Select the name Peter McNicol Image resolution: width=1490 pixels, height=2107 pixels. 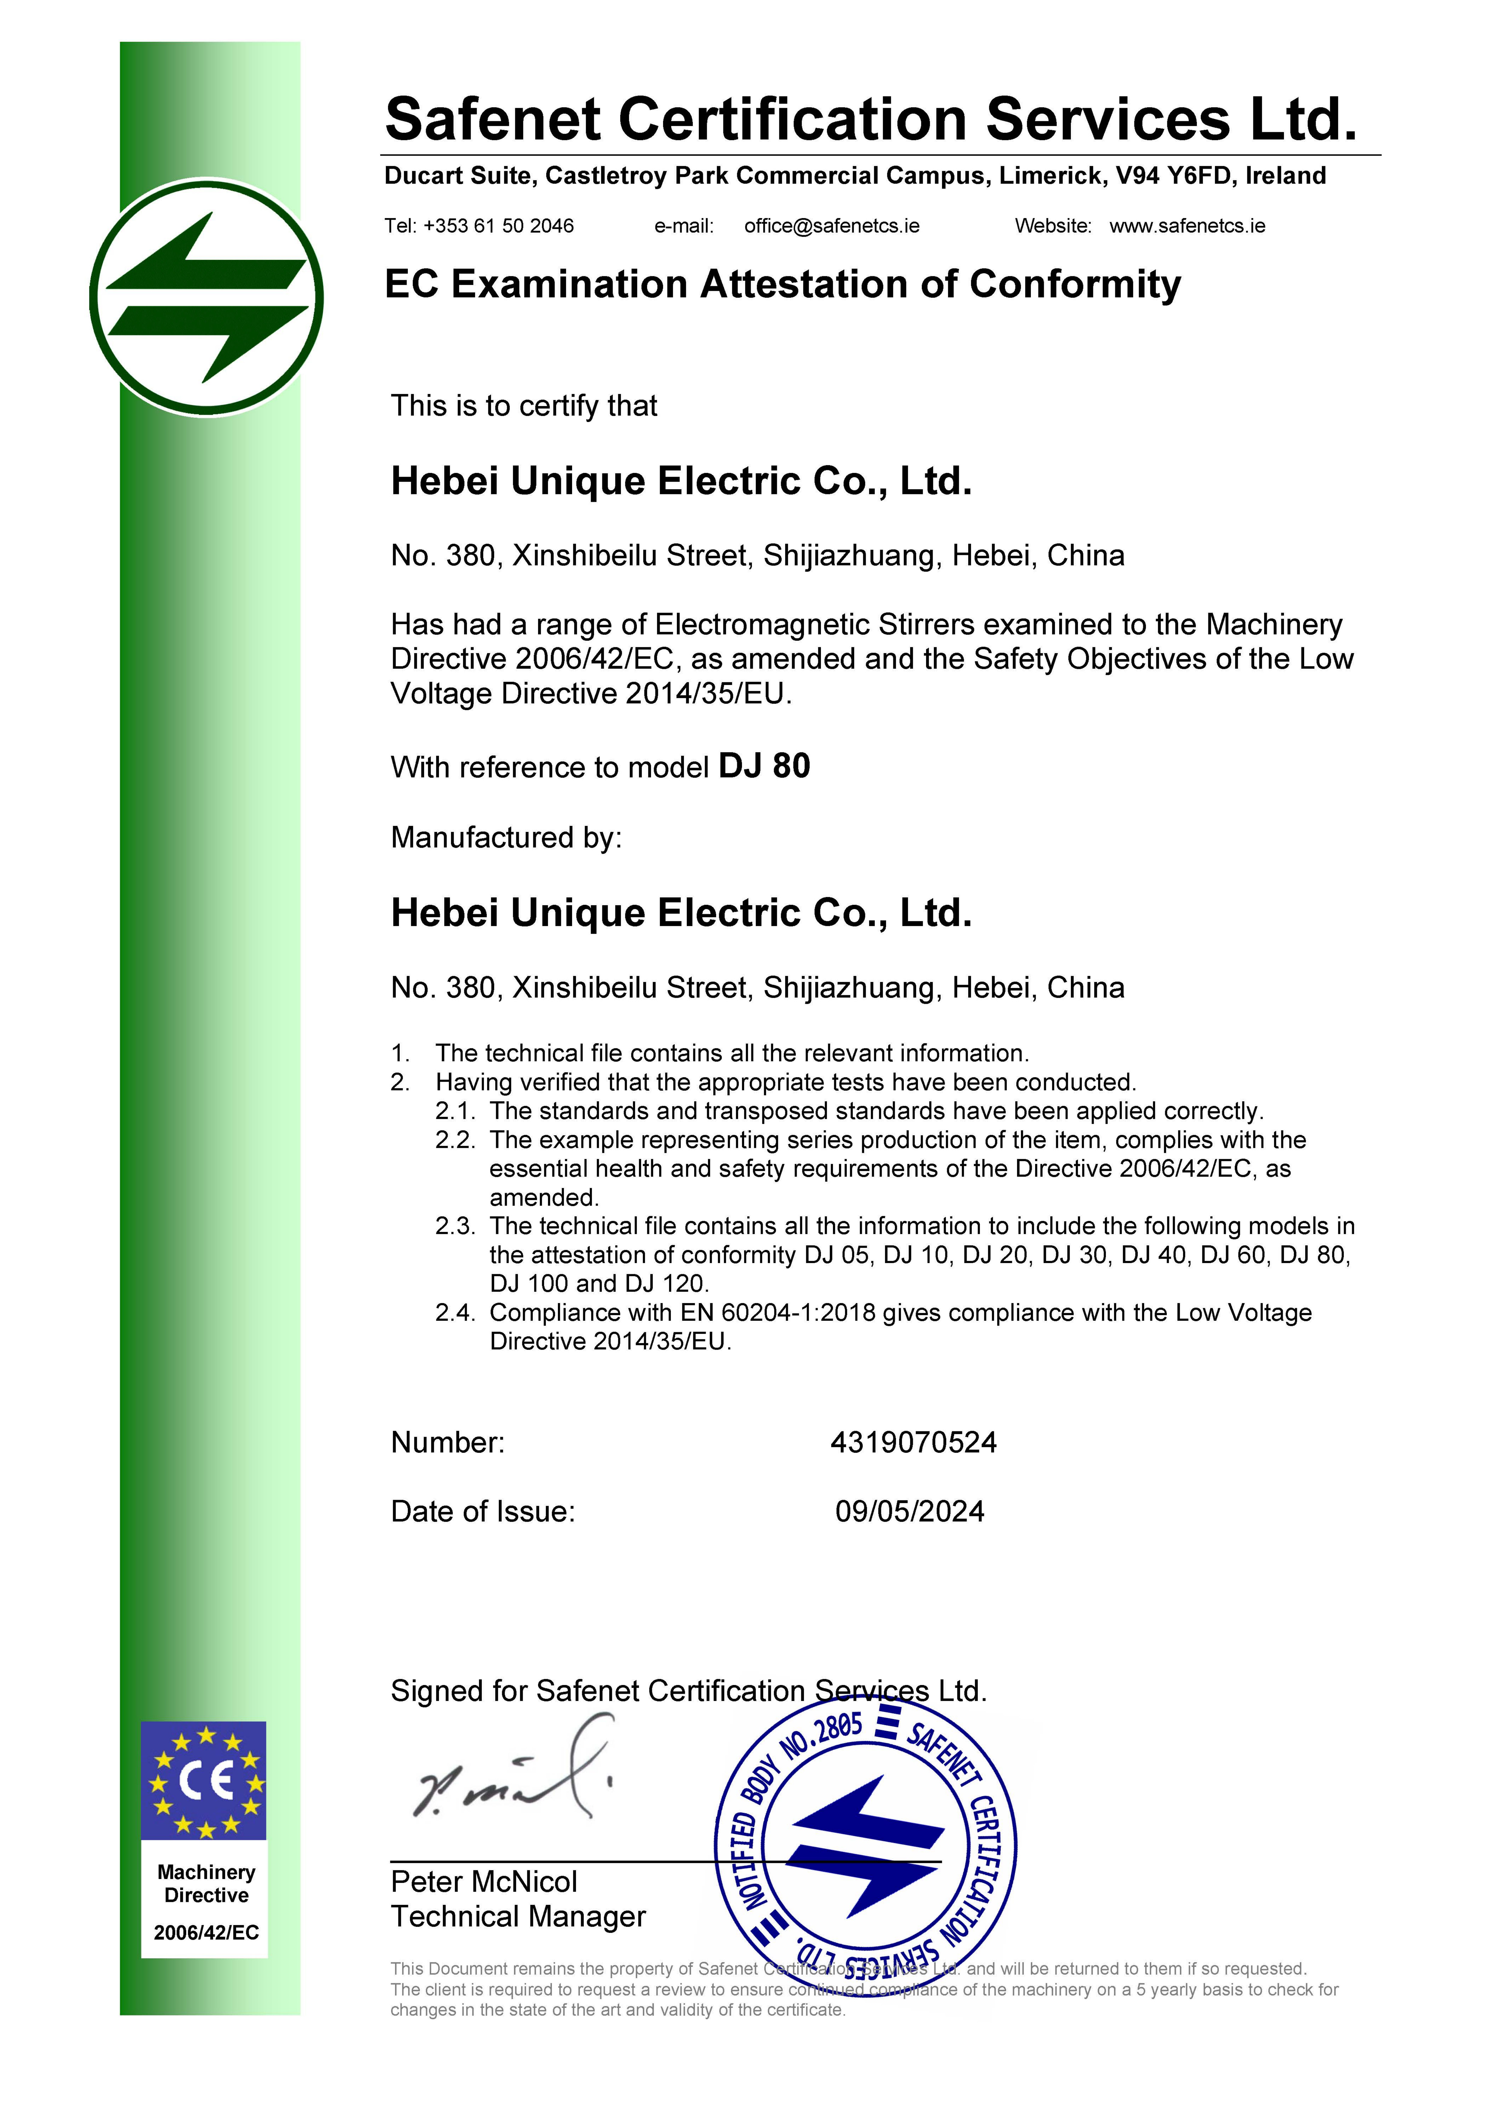tap(483, 1881)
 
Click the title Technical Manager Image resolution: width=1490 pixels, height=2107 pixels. tap(518, 1916)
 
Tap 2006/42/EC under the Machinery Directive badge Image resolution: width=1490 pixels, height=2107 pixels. tap(206, 1932)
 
